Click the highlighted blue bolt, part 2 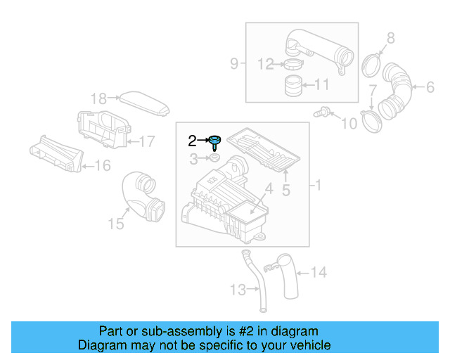coord(214,141)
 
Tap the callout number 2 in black coord(192,141)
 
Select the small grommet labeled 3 coord(215,160)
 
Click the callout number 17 coord(146,141)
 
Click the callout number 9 coord(234,64)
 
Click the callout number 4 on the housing coord(268,188)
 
